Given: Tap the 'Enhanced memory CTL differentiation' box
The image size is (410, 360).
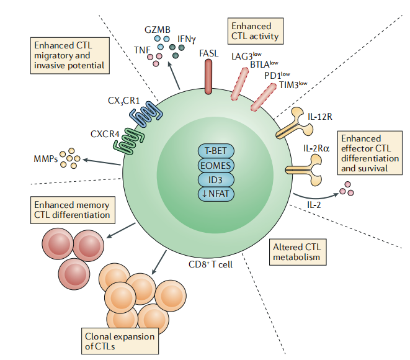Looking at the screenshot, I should click(x=73, y=210).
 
